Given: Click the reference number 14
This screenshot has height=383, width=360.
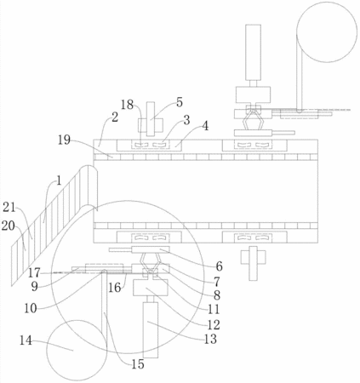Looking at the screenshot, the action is coord(26,340).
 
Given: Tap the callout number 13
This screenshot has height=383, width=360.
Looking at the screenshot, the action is coord(210,339).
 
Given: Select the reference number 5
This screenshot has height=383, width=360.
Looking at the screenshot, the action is coord(180,102).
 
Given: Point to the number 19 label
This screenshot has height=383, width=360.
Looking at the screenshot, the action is coord(64,140).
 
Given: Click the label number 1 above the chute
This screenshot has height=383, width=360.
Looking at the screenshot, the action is coord(59,180).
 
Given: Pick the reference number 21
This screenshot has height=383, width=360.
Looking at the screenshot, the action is coord(9,208).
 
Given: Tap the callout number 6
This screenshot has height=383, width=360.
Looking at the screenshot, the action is coord(219,266).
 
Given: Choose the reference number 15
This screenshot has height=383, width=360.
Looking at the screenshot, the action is coord(138,364).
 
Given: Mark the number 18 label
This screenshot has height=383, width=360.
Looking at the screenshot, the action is coord(128,105).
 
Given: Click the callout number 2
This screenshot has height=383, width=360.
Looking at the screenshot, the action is coord(115,117).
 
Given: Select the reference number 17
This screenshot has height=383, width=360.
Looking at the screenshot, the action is coord(34,272).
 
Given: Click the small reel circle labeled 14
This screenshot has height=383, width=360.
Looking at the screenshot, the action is coord(77,351).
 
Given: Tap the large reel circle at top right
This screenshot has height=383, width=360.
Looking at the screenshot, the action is coord(327,31).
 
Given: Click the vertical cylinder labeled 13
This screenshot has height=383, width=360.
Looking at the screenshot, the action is coord(151,330).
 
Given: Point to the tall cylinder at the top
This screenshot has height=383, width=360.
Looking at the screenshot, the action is coord(253,52).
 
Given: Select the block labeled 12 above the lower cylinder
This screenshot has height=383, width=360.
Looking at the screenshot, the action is coord(146,288).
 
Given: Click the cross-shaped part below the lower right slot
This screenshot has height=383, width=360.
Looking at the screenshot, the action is coord(254,263).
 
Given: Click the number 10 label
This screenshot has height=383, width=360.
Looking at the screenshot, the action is coord(31,308).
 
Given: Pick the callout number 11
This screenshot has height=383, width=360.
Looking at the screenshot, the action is coord(214,309).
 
